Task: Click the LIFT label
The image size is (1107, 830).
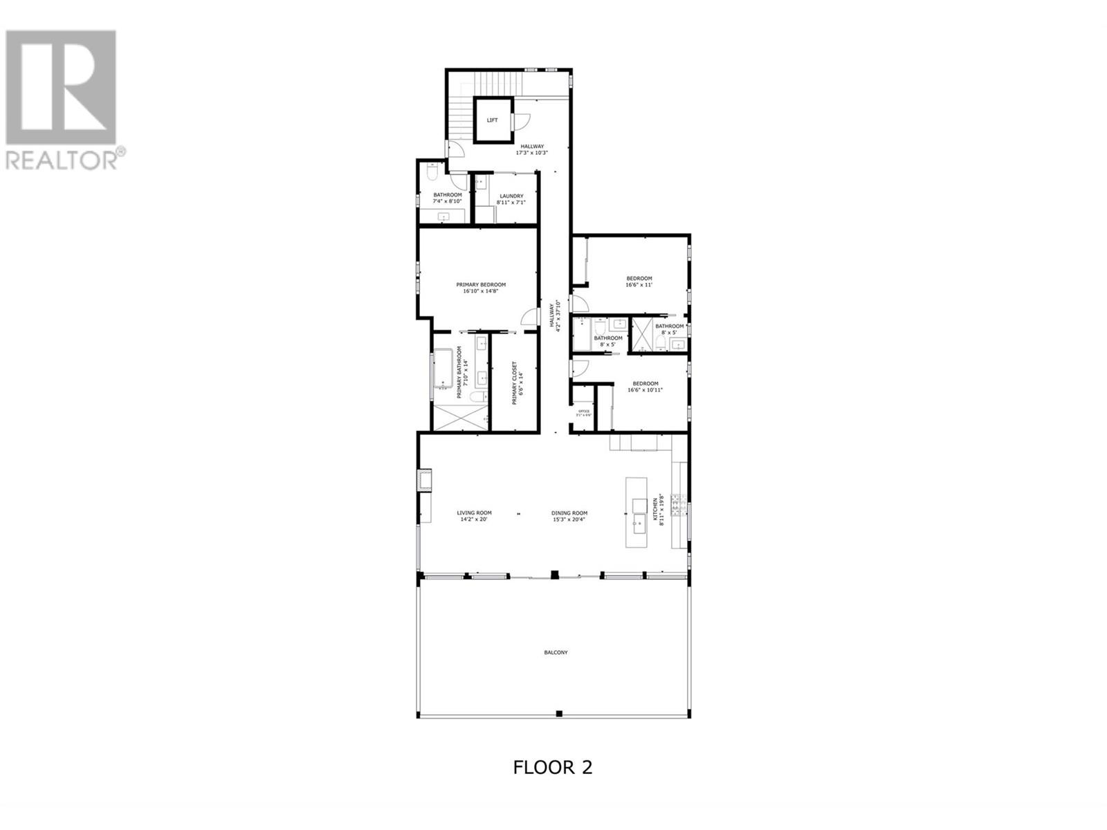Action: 492,120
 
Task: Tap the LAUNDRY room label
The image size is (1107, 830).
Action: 511,196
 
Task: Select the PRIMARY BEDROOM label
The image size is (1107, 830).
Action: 481,284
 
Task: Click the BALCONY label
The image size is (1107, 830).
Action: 556,652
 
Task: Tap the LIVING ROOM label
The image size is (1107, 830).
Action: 475,513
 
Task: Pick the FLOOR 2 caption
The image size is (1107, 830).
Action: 553,767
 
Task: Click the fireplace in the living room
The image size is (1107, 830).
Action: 423,480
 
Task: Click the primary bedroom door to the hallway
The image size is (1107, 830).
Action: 530,316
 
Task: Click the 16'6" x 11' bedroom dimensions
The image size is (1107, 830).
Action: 639,284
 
